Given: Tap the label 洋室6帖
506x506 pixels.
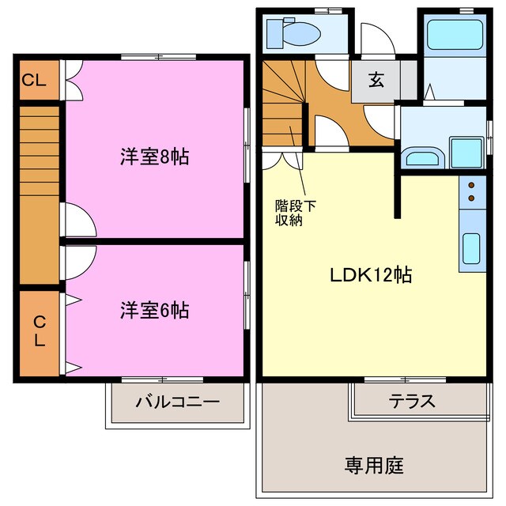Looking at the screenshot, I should click(154, 310).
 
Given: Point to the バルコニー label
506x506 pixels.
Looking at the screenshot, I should click(177, 402).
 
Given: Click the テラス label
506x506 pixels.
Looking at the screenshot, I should click(411, 401).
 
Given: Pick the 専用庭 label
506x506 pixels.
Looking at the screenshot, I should click(374, 465).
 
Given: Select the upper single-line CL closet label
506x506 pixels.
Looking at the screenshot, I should click(33, 80).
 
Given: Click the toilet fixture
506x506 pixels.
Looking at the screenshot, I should click(288, 32).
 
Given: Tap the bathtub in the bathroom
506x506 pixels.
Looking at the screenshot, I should click(454, 36).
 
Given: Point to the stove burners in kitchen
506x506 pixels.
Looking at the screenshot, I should click(473, 192).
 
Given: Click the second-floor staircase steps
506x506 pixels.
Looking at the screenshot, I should click(38, 150).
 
